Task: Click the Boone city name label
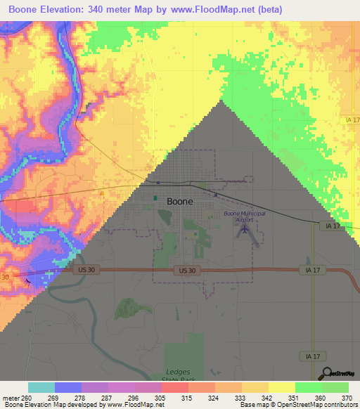pyautogui.click(x=180, y=201)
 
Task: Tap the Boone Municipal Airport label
pyautogui.click(x=240, y=216)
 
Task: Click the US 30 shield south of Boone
pyautogui.click(x=186, y=271)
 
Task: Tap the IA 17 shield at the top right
pyautogui.click(x=352, y=121)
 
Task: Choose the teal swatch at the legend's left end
pyautogui.click(x=41, y=388)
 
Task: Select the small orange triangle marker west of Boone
pyautogui.click(x=101, y=191)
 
